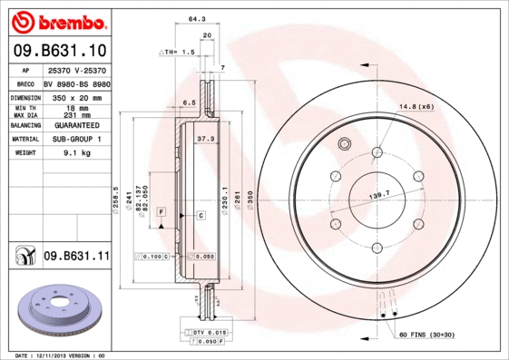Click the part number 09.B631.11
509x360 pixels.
click(76, 257)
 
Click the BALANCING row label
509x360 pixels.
click(24, 125)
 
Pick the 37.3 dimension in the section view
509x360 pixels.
click(205, 139)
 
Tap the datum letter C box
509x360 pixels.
click(201, 215)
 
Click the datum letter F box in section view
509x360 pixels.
click(161, 211)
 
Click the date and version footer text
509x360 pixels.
click(62, 355)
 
